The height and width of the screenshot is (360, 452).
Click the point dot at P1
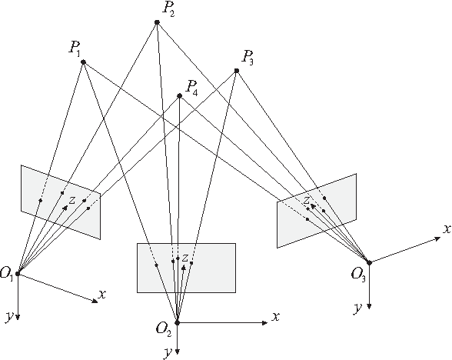(x=83, y=62)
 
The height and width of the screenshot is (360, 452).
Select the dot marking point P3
(x=237, y=71)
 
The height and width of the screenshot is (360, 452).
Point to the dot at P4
(x=179, y=95)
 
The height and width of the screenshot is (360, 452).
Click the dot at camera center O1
(x=17, y=272)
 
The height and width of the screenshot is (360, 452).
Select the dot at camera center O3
(x=370, y=263)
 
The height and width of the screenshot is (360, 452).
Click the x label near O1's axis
(x=103, y=293)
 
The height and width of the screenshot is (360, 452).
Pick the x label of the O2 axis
(x=274, y=315)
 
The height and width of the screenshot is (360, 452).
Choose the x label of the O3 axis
(x=445, y=228)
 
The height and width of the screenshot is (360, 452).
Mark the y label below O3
(x=358, y=307)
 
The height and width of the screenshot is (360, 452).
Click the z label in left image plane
(x=71, y=200)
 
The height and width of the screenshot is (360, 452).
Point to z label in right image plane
(x=306, y=201)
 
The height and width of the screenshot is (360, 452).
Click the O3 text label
(x=358, y=273)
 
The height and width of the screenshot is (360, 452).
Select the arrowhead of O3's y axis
(x=370, y=306)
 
